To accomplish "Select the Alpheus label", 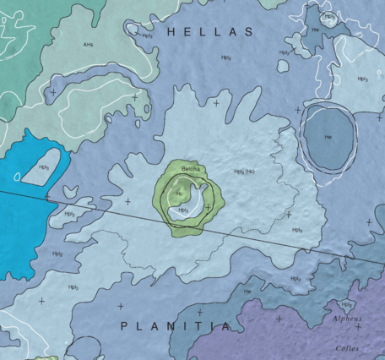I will pyautogui.click(x=346, y=319).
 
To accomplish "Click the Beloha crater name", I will pyautogui.click(x=190, y=170).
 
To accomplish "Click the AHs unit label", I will pyautogui.click(x=88, y=44).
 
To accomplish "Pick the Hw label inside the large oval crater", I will pyautogui.click(x=328, y=136).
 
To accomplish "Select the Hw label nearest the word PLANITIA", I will pyautogui.click(x=247, y=292).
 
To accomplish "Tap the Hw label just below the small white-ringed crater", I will pyautogui.click(x=315, y=28).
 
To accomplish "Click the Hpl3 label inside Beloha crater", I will pyautogui.click(x=182, y=210).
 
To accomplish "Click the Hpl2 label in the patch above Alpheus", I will pyautogui.click(x=345, y=304).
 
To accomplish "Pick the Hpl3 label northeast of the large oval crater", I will pyautogui.click(x=362, y=79).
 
